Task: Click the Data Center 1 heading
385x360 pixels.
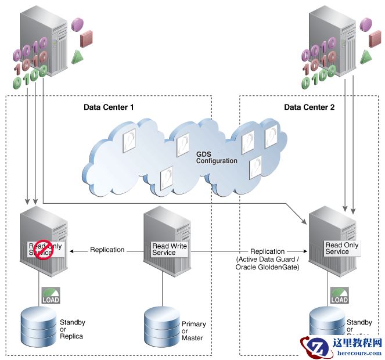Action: (109, 107)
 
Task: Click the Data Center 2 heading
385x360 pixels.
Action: (309, 107)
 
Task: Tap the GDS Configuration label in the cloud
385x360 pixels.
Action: (217, 157)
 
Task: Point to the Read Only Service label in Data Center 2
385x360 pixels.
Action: (341, 249)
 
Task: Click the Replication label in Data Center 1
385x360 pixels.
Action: (107, 250)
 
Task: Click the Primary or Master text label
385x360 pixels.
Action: (193, 331)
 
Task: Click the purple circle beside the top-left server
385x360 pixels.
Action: (77, 24)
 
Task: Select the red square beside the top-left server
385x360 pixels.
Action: (87, 38)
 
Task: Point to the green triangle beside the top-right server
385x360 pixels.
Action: (366, 56)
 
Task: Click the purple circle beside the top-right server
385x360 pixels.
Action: (365, 24)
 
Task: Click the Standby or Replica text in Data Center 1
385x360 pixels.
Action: (72, 329)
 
